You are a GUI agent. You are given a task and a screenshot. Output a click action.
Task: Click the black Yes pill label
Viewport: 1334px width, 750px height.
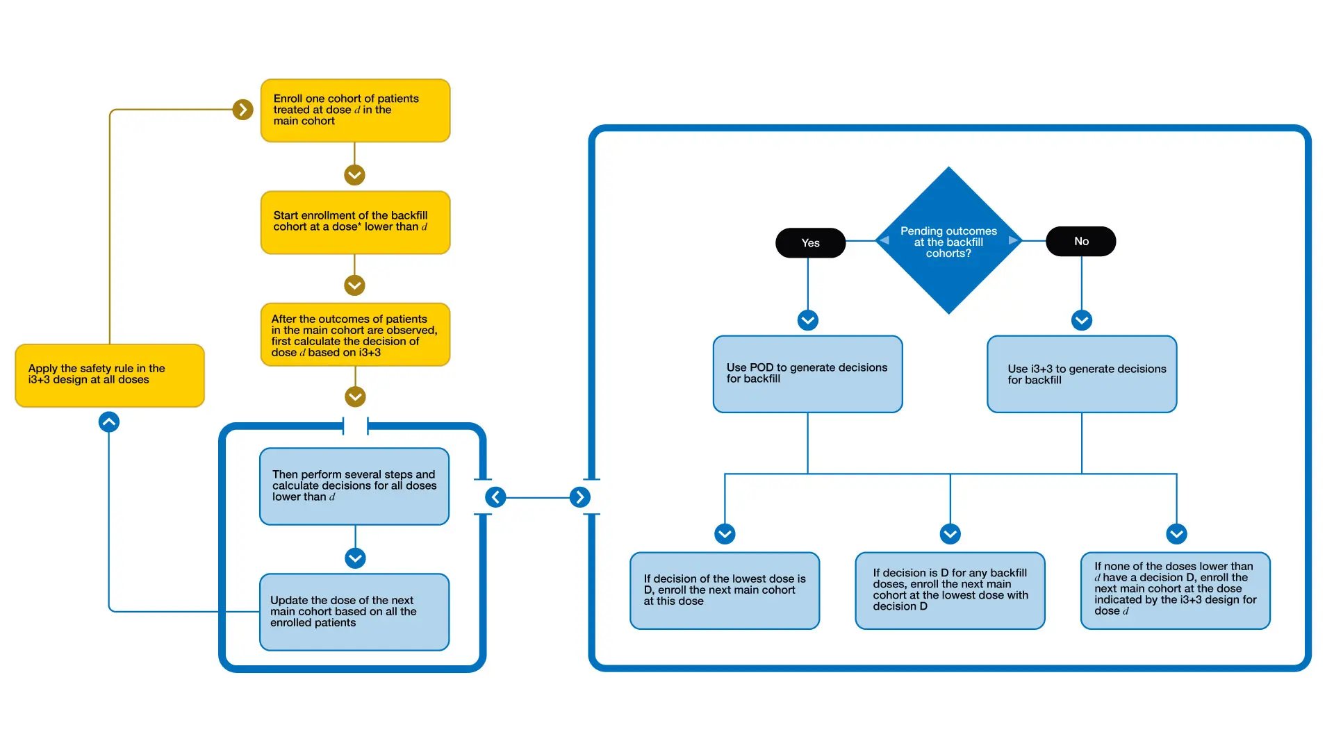click(810, 243)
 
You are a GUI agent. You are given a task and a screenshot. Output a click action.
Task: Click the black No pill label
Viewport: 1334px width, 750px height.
click(1081, 242)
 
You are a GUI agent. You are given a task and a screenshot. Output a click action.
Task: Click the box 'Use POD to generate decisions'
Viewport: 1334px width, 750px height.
click(807, 374)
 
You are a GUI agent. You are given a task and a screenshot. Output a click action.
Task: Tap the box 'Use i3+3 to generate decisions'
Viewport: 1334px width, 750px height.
click(1082, 374)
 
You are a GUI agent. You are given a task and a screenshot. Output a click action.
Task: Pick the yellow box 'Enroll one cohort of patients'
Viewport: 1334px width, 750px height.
click(355, 110)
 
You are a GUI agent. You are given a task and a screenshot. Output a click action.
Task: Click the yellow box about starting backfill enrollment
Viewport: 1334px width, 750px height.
click(355, 222)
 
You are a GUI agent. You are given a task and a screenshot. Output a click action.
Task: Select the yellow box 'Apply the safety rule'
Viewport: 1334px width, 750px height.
click(110, 375)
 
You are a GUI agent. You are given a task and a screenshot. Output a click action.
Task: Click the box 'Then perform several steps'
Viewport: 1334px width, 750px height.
click(354, 486)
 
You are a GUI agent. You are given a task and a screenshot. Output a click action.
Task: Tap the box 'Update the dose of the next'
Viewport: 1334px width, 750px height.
click(354, 612)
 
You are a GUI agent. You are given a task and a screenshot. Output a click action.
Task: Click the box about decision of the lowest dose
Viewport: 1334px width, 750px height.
click(725, 591)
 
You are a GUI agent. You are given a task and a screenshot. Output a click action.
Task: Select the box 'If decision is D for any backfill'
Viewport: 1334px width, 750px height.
click(950, 591)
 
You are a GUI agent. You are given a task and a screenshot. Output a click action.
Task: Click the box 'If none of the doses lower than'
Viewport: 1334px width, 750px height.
click(1176, 591)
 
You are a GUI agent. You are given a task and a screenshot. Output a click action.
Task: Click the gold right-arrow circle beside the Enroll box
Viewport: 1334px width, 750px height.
click(242, 110)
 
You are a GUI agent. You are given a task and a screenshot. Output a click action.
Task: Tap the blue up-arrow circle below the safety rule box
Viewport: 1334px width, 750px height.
click(109, 422)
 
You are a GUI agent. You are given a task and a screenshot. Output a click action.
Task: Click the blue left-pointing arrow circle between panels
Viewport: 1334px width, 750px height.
click(495, 497)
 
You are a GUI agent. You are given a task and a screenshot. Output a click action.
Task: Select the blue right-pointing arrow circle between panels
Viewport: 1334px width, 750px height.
click(580, 497)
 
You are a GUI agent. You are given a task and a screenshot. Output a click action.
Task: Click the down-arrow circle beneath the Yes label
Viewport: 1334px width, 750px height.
click(807, 320)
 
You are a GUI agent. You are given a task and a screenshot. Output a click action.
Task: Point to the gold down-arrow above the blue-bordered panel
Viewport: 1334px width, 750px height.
click(355, 397)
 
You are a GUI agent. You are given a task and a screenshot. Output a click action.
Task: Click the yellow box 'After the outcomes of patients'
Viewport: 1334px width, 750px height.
click(355, 335)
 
